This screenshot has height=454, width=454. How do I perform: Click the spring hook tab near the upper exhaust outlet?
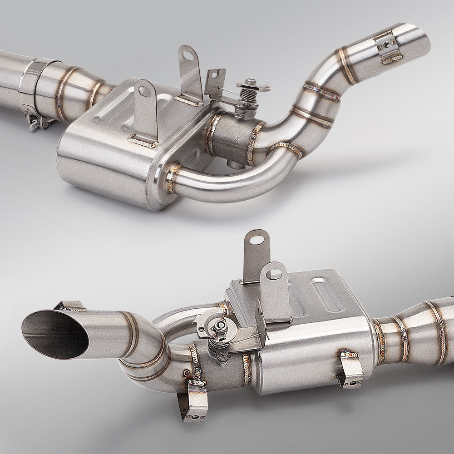[388, 48]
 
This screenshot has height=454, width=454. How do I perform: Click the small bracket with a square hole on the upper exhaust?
[215, 82]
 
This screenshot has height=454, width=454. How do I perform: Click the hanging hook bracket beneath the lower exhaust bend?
[193, 400]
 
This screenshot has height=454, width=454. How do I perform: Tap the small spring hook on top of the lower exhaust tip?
[70, 306]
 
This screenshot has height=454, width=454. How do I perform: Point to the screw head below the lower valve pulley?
[222, 356]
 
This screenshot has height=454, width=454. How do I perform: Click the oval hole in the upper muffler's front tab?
[144, 91]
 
